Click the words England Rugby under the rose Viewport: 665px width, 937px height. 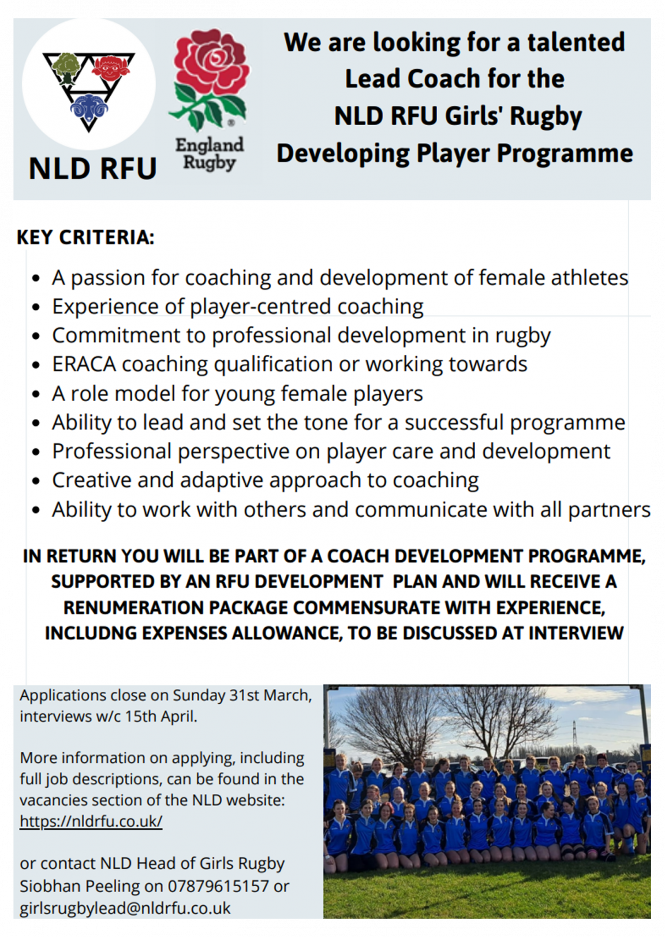coord(210,153)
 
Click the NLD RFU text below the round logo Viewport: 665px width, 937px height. coord(93,168)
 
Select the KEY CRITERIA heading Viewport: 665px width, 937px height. coord(85,237)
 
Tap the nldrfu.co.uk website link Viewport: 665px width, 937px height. coord(91,821)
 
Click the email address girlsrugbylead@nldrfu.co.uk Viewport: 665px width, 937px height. coord(125,908)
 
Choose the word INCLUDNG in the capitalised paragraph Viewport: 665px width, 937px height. coord(91,633)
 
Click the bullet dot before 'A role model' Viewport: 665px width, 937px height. coord(36,395)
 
